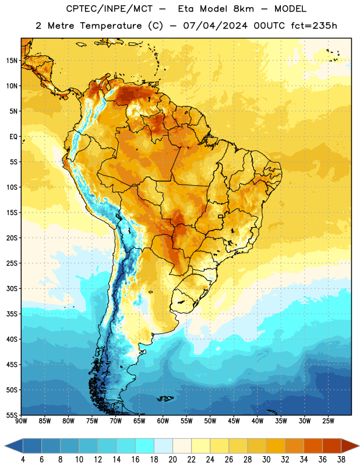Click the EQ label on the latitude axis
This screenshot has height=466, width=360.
[13, 137]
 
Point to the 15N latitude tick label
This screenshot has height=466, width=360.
[12, 61]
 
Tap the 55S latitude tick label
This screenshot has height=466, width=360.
[12, 415]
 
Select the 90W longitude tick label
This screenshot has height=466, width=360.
[21, 421]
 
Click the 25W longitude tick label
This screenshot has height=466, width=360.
[328, 421]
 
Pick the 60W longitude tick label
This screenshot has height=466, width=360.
[163, 421]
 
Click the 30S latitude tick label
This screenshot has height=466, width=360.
[12, 288]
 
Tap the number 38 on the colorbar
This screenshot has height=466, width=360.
[341, 460]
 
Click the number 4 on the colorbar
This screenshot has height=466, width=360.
[23, 460]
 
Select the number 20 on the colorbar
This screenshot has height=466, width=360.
[172, 460]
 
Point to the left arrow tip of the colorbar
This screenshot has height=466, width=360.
[5, 446]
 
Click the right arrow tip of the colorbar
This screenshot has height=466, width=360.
[359, 446]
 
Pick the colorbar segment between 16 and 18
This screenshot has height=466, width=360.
[145, 446]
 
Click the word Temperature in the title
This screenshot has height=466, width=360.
[111, 26]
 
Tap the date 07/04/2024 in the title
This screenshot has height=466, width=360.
[215, 26]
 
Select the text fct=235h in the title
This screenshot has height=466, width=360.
[314, 26]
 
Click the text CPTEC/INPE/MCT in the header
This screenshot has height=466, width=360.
[109, 9]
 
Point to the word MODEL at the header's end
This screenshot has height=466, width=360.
[290, 9]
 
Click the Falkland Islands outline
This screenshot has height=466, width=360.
[165, 398]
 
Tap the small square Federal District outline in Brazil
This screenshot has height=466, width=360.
[221, 216]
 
